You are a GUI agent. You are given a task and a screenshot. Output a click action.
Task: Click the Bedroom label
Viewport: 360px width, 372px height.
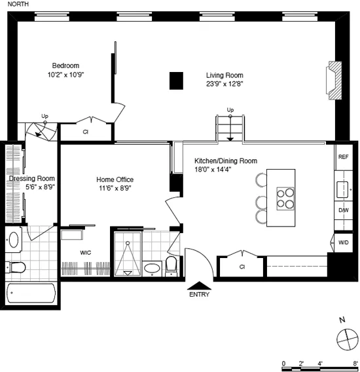[65, 65]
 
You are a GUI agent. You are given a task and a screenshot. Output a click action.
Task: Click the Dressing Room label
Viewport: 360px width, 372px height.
[31, 178]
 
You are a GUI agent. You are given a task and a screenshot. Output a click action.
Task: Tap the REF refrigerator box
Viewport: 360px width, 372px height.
[343, 157]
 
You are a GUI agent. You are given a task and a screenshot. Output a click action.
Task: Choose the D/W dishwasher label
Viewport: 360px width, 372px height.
[343, 210]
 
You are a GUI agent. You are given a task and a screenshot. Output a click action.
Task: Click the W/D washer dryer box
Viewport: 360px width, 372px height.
[343, 242]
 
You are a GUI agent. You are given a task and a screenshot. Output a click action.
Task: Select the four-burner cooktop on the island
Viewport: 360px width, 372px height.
[286, 198]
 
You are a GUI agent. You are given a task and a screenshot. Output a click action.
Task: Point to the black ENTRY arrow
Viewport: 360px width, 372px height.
[200, 285]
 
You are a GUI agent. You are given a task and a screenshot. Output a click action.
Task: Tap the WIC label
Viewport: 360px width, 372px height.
[86, 252]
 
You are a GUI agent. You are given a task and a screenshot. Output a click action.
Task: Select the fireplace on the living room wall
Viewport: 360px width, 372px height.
[335, 81]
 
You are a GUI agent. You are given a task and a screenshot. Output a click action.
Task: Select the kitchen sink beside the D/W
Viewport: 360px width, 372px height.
[342, 189]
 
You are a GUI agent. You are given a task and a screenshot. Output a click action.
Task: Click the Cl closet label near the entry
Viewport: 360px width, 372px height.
[242, 267]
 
